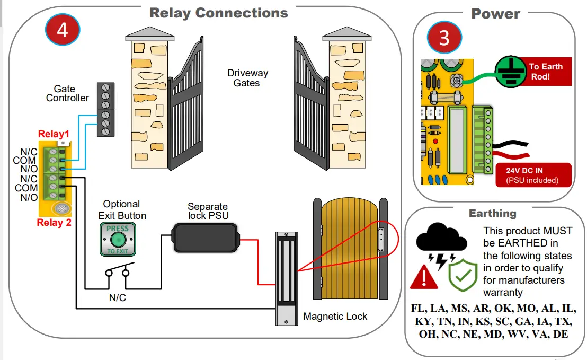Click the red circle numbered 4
click(62, 30)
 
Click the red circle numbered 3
click(444, 38)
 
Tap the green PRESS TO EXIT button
click(118, 239)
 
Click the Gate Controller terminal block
click(105, 110)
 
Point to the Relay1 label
click(54, 135)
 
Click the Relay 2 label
click(54, 222)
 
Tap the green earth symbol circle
click(510, 72)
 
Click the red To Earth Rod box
click(545, 72)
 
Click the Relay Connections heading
click(219, 13)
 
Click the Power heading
click(495, 14)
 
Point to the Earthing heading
click(492, 213)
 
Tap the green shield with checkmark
click(459, 273)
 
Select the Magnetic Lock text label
click(335, 317)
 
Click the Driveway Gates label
click(247, 78)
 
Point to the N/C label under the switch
click(118, 298)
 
